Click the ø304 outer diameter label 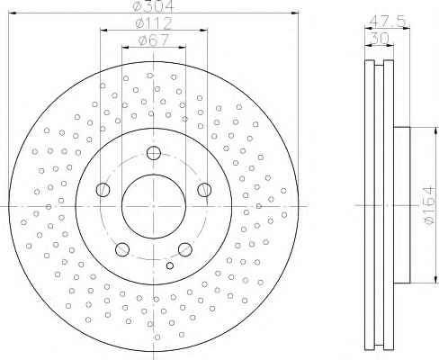click(154, 6)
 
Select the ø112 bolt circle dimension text click(154, 23)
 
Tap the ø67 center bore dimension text click(154, 40)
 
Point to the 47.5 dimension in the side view click(388, 21)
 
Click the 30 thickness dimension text click(380, 38)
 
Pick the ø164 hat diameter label click(429, 205)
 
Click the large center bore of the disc click(154, 206)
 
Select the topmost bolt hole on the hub click(154, 153)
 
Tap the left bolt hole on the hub click(103, 190)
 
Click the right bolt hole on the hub click(204, 190)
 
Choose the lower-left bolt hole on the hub click(122, 249)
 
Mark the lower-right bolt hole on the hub click(185, 249)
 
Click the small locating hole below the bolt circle click(170, 265)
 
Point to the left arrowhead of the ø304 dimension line click(13, 13)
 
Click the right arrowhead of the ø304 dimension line click(295, 13)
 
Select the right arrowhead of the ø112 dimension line click(204, 31)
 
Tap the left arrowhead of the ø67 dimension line click(126, 47)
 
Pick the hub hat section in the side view click(402, 205)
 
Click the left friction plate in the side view click(370, 205)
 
